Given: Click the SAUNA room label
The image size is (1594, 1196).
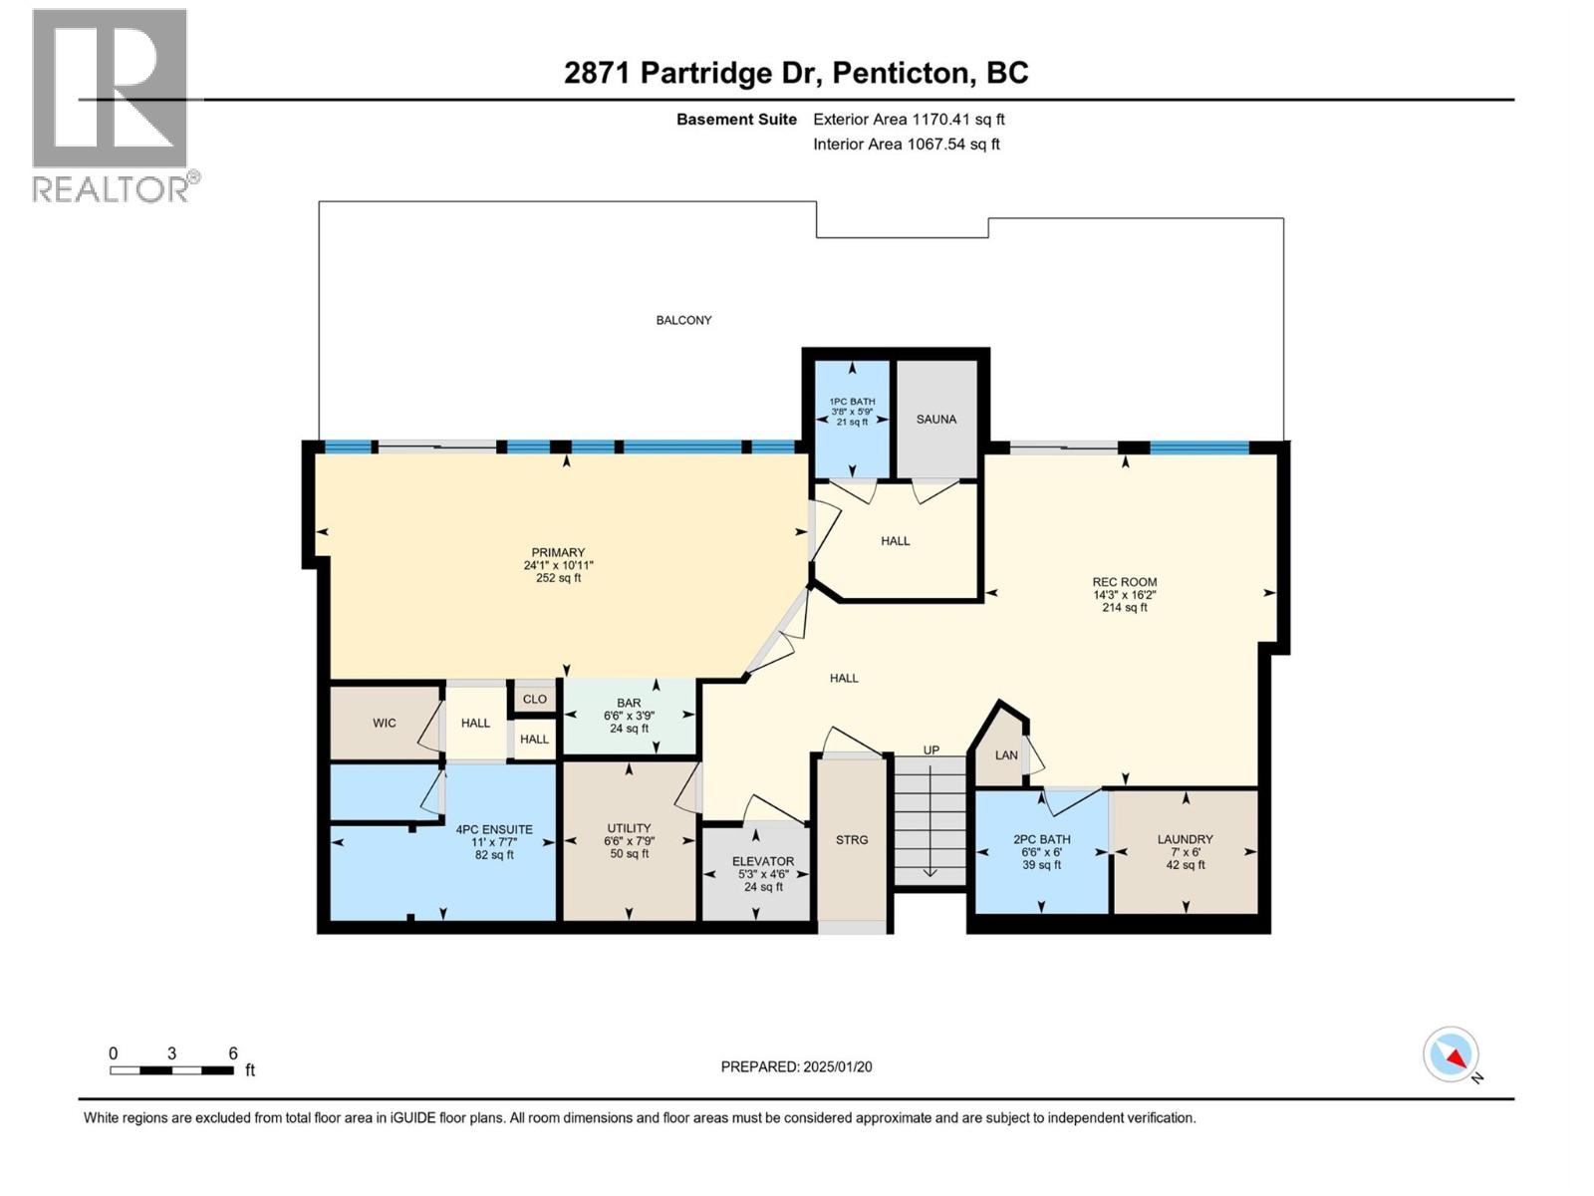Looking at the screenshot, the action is coord(935,419).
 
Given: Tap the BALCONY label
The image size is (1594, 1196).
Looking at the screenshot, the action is coord(683,320).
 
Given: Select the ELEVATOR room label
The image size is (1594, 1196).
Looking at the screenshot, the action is coord(762,861).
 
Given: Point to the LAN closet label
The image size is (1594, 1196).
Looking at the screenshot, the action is coord(1006,755).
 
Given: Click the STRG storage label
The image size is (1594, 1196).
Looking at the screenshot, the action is coord(851,839).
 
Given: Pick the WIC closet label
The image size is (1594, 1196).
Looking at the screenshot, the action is coord(385,723).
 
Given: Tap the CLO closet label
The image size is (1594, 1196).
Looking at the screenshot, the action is coord(534,699).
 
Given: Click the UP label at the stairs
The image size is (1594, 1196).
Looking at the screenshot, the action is coord(930,749).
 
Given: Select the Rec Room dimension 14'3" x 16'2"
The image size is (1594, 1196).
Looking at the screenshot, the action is coord(1124,594).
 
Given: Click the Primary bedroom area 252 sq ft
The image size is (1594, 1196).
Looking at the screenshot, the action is coord(559,578).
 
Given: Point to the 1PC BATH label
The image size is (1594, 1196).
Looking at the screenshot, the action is coord(852,402).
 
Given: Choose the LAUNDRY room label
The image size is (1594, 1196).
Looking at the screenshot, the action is coord(1185,839).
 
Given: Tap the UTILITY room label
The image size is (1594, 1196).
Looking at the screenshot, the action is coord(629,828).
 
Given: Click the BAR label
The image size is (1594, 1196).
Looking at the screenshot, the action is coord(629,703).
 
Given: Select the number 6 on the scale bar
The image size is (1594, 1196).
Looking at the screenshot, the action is coord(233,1052).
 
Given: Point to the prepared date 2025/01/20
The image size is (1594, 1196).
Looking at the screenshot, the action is coord(837,1066).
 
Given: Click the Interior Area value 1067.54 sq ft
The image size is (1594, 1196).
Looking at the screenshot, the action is coord(952,144).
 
